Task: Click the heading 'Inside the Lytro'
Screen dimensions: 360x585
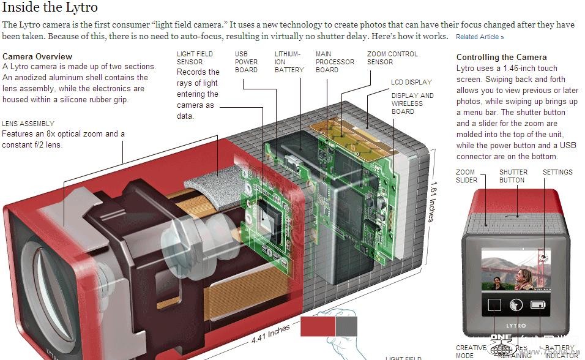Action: pyautogui.click(x=50, y=9)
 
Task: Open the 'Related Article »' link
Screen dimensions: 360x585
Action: pyautogui.click(x=480, y=37)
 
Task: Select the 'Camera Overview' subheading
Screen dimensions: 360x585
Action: pyautogui.click(x=37, y=57)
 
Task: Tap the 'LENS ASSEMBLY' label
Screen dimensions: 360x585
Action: pyautogui.click(x=28, y=124)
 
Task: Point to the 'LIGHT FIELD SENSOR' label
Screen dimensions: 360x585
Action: pyautogui.click(x=195, y=58)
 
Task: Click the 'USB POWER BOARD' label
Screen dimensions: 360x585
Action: pyautogui.click(x=246, y=62)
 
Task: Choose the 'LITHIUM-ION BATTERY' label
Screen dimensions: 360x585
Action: pyautogui.click(x=289, y=62)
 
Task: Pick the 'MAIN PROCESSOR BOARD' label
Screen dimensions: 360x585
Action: pyautogui.click(x=335, y=62)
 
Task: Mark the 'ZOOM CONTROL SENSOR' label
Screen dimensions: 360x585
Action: pyautogui.click(x=392, y=58)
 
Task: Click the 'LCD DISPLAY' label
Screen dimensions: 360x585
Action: pyautogui.click(x=411, y=82)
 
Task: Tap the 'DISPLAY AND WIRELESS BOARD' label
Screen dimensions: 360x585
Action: pyautogui.click(x=412, y=103)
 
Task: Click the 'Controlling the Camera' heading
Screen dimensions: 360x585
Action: pyautogui.click(x=501, y=57)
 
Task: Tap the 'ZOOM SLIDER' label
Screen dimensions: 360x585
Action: pyautogui.click(x=466, y=176)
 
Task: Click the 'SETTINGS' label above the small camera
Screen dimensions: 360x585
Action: pyautogui.click(x=557, y=173)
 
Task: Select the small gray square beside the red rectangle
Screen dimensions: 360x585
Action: pyautogui.click(x=346, y=326)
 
